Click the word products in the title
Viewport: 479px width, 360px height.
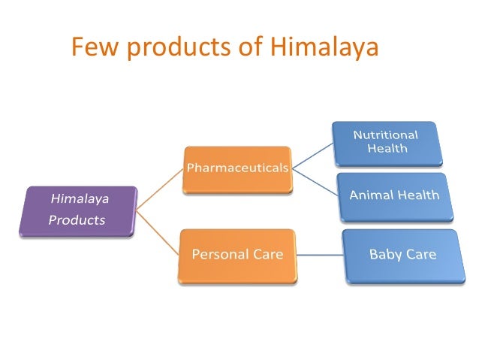pos(170,48)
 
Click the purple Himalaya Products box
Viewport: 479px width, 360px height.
pos(79,210)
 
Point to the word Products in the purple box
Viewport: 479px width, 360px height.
pos(77,220)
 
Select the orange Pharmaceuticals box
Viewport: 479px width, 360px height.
pos(236,168)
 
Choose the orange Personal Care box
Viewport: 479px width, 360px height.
pos(236,255)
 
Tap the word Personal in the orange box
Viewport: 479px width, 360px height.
pos(218,254)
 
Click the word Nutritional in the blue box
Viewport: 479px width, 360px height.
pos(386,135)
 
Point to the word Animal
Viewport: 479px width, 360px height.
pos(368,195)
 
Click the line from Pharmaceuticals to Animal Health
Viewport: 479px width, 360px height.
pos(314,182)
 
